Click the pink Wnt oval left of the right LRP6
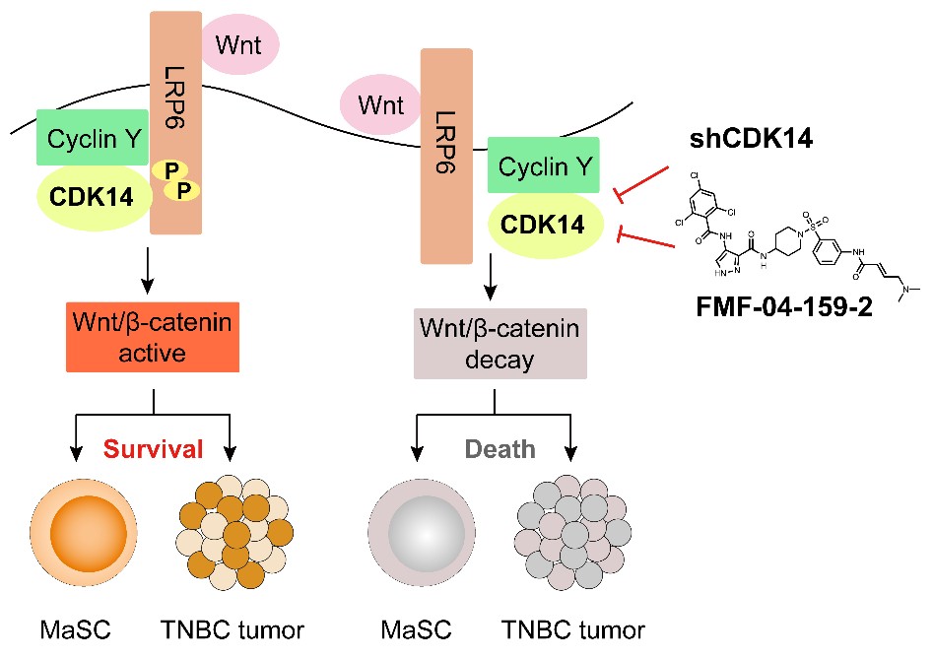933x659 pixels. coord(379,104)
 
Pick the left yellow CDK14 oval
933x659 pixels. coord(94,198)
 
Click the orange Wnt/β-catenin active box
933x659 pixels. coord(154,336)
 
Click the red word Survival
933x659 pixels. coord(155,449)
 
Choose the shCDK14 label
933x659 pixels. coord(750,139)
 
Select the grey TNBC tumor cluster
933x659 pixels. coord(570,533)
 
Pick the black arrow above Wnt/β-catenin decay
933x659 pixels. coord(490,282)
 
